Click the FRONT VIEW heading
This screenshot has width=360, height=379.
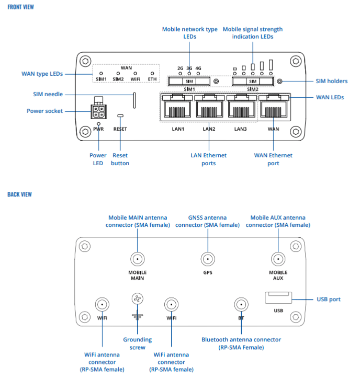click(x=20, y=7)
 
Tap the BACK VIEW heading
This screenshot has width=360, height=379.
click(x=19, y=194)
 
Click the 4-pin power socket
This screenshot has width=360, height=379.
click(x=98, y=111)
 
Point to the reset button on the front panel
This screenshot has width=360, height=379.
click(x=120, y=116)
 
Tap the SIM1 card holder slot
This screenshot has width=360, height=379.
click(x=189, y=81)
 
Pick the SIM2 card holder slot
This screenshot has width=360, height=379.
click(x=253, y=81)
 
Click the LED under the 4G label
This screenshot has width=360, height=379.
click(x=198, y=74)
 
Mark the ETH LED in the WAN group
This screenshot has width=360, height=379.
click(x=152, y=73)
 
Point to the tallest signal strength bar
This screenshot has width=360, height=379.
click(x=271, y=65)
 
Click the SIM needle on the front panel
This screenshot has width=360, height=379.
click(x=134, y=100)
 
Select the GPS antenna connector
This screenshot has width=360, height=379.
click(x=208, y=259)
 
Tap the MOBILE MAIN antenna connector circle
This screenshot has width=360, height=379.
click(x=138, y=259)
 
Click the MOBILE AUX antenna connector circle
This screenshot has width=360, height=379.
click(x=278, y=259)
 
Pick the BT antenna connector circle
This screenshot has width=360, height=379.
click(x=241, y=305)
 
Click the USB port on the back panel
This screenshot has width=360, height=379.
click(x=278, y=297)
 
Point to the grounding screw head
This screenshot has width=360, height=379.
click(x=138, y=298)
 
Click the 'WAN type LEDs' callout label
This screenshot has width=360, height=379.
click(x=42, y=74)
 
